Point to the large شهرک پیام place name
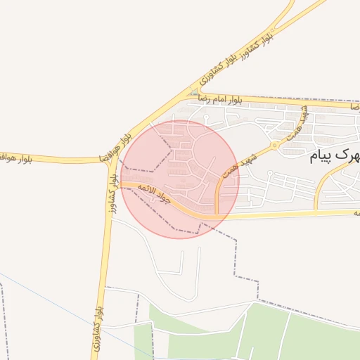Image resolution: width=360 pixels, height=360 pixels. point(335,155)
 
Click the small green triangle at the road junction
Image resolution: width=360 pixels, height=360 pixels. point(195,92)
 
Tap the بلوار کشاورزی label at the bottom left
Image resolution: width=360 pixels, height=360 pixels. point(98,328)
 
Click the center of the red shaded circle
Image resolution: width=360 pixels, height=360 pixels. point(180,179)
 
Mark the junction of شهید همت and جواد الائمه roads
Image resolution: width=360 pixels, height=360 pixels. point(217,213)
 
